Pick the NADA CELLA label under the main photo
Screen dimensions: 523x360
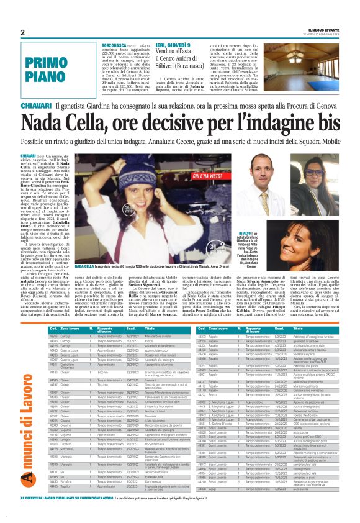coord(84,266)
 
